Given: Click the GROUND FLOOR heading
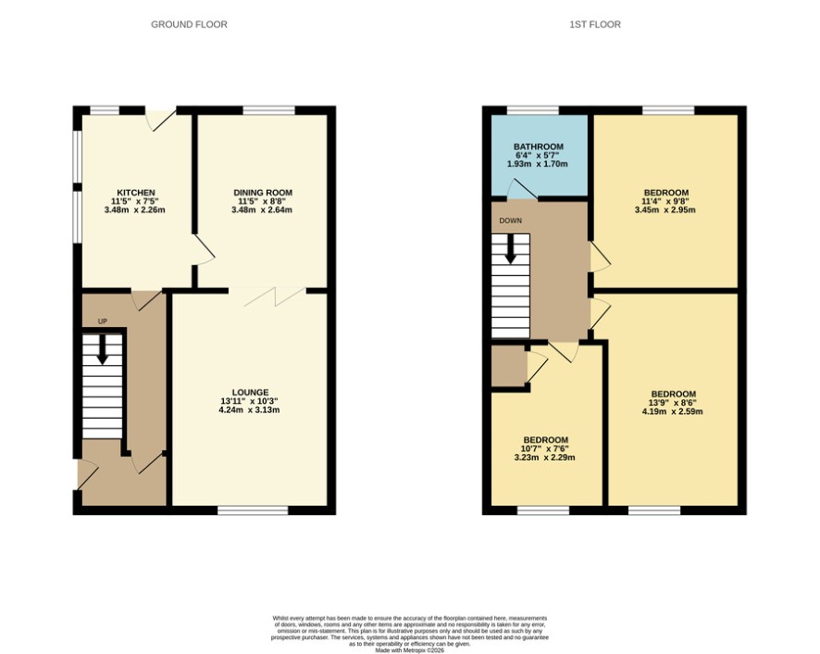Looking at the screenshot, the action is coord(189,25).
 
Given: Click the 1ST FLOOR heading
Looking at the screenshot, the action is coord(595,25).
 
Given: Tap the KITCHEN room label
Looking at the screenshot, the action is coord(135,193).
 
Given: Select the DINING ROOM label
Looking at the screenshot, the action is coord(263,193).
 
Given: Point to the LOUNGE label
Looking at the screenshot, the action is coord(250,392).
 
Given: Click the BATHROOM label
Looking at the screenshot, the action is coord(538,146).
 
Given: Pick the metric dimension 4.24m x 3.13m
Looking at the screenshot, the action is coord(249,409).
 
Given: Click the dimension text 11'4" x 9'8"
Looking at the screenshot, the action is coord(665,201).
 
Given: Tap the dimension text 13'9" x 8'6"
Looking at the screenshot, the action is coord(673,403).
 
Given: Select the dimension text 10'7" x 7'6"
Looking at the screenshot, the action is coord(544,448).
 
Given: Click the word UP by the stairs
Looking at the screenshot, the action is coord(103,321).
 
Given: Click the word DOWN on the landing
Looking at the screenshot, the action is coord(510,220).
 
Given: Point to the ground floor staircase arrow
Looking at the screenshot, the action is coord(103,348).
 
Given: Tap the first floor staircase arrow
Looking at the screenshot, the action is coord(510,248).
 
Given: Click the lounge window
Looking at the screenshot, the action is coord(253,510).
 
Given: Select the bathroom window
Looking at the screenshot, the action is coord(533,110).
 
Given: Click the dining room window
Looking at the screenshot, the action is coord(269,110).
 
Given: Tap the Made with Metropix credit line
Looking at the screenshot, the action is coord(409,650).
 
